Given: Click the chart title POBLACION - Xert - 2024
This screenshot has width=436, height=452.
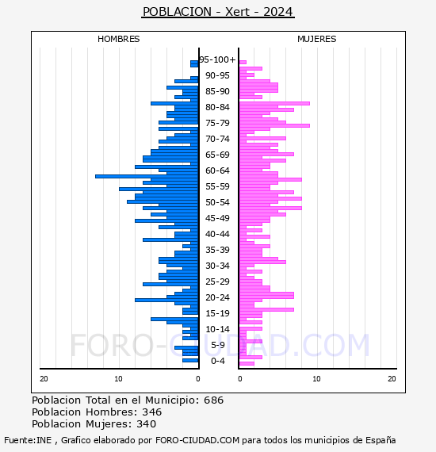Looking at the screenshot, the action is coord(218,12).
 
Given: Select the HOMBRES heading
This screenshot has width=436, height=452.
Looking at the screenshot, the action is coord(118,39).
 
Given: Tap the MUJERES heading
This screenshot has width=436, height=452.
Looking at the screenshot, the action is coord(317,39).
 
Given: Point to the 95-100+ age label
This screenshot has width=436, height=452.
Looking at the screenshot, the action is coord(217,59).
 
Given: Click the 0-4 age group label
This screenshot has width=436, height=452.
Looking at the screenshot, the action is coord(218,361).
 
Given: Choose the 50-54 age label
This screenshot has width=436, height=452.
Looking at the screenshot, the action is coord(217,202).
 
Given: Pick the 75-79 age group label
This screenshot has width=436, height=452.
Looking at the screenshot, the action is coord(217,123).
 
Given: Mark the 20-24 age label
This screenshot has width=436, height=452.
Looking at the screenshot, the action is coord(217,297).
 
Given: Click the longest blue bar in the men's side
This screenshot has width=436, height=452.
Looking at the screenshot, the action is coord(147,176).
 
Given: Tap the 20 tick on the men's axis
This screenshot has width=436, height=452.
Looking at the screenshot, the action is coord(44,378).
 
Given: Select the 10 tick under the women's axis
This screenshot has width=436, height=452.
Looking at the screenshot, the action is coord(316,378).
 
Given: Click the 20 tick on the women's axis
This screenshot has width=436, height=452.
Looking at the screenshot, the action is coord(392,378).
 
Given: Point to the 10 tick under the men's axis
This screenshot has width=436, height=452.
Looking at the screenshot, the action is coord(118,378).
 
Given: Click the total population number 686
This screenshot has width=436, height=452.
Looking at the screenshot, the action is coord(213,400).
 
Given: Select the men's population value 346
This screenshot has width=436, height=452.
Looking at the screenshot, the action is coord(152,412).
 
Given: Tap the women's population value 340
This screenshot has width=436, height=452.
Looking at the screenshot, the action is coord(147,423).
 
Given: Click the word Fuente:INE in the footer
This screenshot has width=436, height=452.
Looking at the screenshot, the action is coord(28,440).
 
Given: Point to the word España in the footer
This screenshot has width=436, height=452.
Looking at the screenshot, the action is coord(381,440).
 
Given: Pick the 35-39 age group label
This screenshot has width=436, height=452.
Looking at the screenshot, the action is coord(217,250).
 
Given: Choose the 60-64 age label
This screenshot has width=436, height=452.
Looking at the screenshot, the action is coord(217,170).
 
